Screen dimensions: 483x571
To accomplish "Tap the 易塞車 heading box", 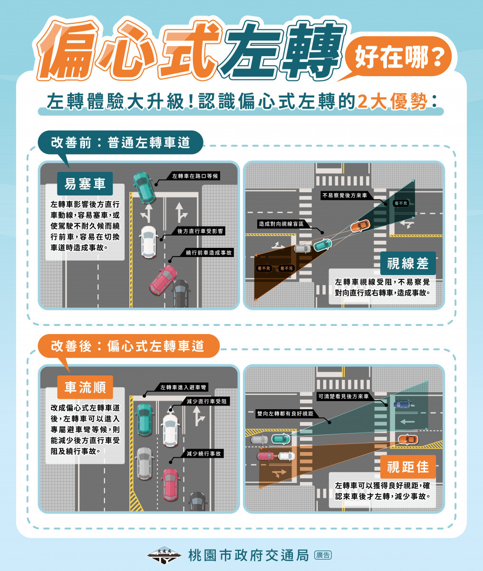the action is click(x=85, y=183).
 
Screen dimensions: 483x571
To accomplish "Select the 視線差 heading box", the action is click(x=408, y=263).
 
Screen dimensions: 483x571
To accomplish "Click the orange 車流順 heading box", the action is click(x=85, y=387).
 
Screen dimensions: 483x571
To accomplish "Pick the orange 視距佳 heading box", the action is click(x=408, y=467).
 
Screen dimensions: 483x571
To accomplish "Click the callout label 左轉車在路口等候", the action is click(x=195, y=176).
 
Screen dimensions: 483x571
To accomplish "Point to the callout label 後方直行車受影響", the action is click(x=200, y=231).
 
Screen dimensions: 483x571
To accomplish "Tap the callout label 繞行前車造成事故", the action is click(x=208, y=253).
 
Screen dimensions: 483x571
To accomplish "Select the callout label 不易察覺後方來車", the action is click(x=345, y=195).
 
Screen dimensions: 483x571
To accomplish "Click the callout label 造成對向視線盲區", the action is click(x=281, y=224).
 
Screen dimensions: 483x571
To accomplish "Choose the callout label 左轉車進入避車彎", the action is click(x=183, y=387).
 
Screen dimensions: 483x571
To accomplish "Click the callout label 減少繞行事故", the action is click(x=203, y=453).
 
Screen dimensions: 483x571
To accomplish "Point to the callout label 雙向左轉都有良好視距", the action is click(x=285, y=413).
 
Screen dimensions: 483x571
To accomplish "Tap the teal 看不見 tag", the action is click(x=400, y=203).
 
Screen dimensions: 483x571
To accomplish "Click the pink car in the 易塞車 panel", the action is click(x=163, y=280).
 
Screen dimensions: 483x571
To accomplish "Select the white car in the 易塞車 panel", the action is click(x=149, y=242).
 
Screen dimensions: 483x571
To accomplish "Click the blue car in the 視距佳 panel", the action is click(x=402, y=404).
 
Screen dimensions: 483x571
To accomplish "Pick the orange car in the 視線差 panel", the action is click(x=360, y=226).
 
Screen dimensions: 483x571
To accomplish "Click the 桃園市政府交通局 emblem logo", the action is click(x=164, y=555).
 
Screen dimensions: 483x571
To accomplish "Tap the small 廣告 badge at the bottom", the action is click(x=323, y=555).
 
